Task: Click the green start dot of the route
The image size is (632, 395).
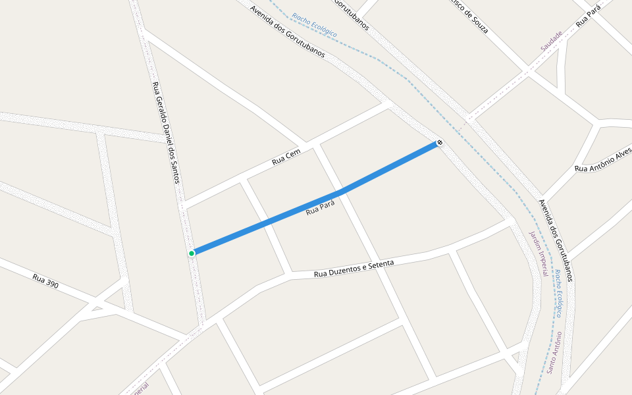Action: click(x=192, y=253)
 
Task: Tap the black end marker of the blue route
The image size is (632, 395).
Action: click(x=439, y=142)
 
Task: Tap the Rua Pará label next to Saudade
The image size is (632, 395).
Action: click(x=589, y=18)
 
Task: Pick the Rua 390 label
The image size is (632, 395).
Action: click(x=45, y=281)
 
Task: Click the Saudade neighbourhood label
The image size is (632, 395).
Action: click(x=552, y=41)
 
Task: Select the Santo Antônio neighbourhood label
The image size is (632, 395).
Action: click(x=554, y=352)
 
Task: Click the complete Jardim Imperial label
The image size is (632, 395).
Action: click(x=538, y=253)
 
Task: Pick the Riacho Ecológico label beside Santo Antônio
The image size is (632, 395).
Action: click(x=558, y=292)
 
